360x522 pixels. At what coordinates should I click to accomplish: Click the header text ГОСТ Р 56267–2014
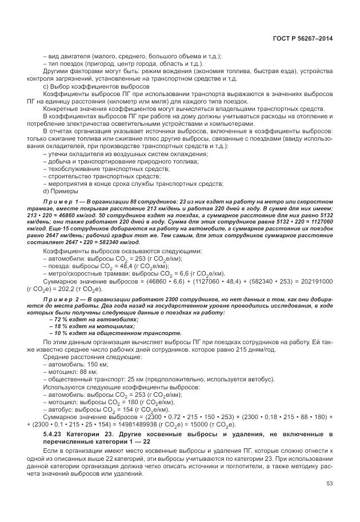click(x=303, y=38)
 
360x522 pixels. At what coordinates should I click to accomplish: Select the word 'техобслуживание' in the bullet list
click(x=71, y=170)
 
